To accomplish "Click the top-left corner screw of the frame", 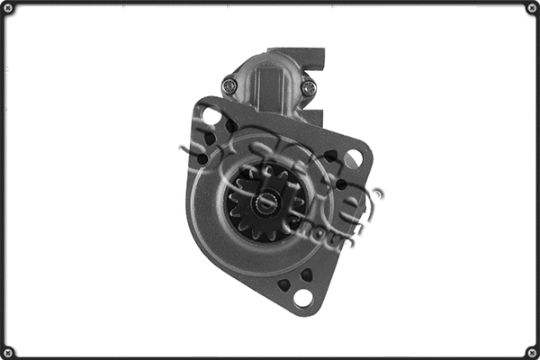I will (x=8, y=9).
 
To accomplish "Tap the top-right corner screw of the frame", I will (x=531, y=9).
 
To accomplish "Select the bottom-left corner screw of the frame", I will (x=8, y=351).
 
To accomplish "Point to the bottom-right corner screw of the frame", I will (x=531, y=351).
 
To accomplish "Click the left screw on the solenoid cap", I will (x=229, y=86).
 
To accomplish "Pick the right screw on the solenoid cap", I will (x=309, y=87).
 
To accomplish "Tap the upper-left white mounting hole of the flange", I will (x=211, y=116).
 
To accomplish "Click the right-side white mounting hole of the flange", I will (x=353, y=158).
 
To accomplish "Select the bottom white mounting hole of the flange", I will (x=303, y=297).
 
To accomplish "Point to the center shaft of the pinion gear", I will (x=266, y=203).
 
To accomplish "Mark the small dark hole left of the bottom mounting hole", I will (x=283, y=284).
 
